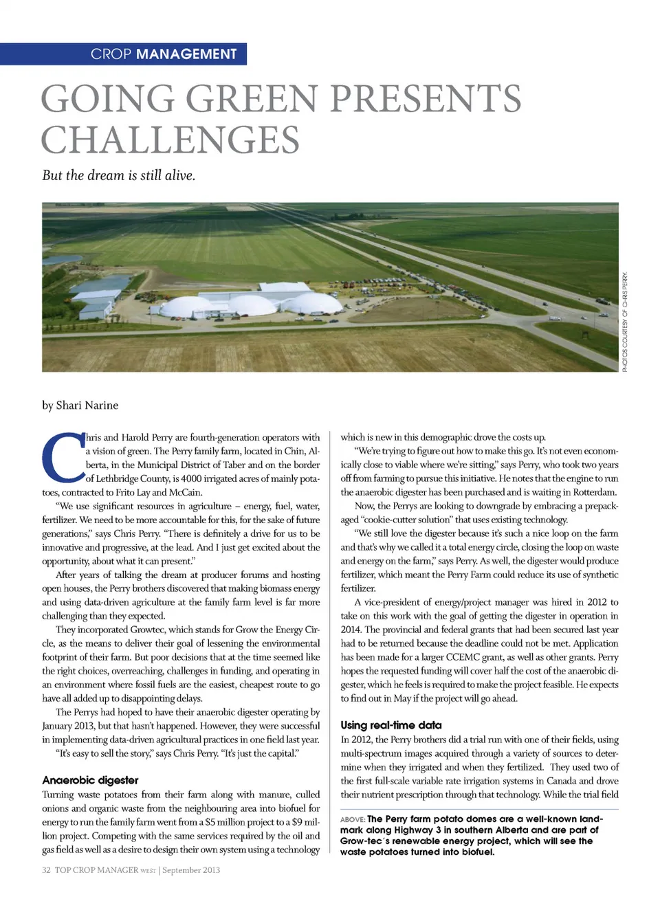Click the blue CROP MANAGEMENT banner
(x=124, y=54)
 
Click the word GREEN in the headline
(x=252, y=98)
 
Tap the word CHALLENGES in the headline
(x=170, y=140)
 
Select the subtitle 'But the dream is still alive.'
(x=118, y=175)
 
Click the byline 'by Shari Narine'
(x=80, y=406)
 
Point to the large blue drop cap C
(x=63, y=457)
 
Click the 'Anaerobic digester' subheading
(x=90, y=780)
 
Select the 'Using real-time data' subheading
(x=391, y=725)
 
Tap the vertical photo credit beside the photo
(x=625, y=322)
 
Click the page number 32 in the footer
(x=46, y=870)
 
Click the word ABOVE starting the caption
(x=352, y=819)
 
